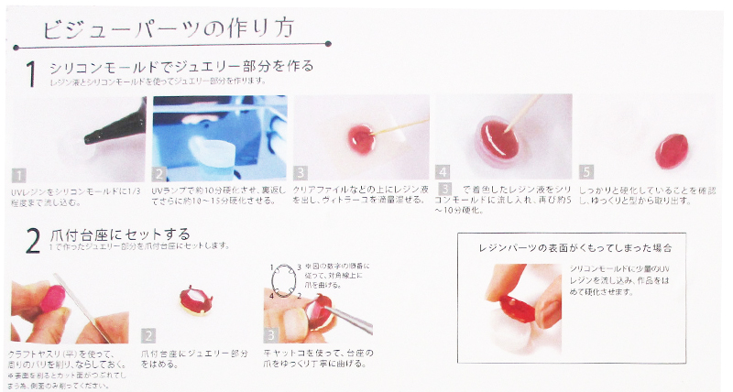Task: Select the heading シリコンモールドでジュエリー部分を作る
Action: (x=183, y=66)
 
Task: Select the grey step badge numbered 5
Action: (x=587, y=171)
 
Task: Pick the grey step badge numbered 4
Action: (x=444, y=171)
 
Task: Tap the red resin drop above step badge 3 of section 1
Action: (x=358, y=138)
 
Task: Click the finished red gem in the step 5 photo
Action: (x=674, y=146)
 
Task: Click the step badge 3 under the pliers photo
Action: (x=272, y=335)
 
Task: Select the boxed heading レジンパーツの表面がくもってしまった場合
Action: (x=569, y=248)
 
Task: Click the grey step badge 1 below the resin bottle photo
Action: (x=18, y=171)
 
